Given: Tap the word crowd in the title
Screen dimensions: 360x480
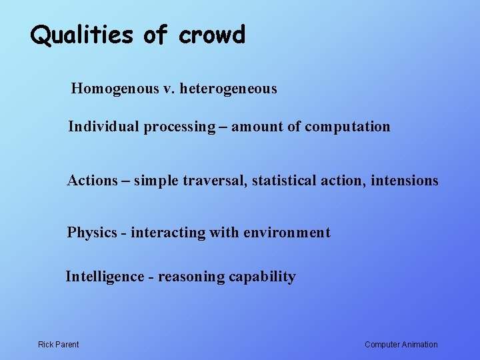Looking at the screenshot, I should pyautogui.click(x=212, y=35).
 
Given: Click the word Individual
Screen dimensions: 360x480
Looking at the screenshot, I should pyautogui.click(x=103, y=127).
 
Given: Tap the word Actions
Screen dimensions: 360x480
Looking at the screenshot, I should pyautogui.click(x=92, y=181).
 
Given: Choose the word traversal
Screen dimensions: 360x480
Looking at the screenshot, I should pyautogui.click(x=215, y=181).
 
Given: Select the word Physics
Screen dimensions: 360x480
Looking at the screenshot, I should pyautogui.click(x=91, y=233).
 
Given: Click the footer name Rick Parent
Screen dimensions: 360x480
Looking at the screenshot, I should pyautogui.click(x=58, y=345).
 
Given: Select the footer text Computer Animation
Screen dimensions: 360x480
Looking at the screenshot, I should pyautogui.click(x=401, y=345).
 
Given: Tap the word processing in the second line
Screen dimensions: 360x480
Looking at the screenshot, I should pyautogui.click(x=179, y=127).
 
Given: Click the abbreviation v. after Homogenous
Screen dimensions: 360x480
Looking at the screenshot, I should pyautogui.click(x=167, y=89).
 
